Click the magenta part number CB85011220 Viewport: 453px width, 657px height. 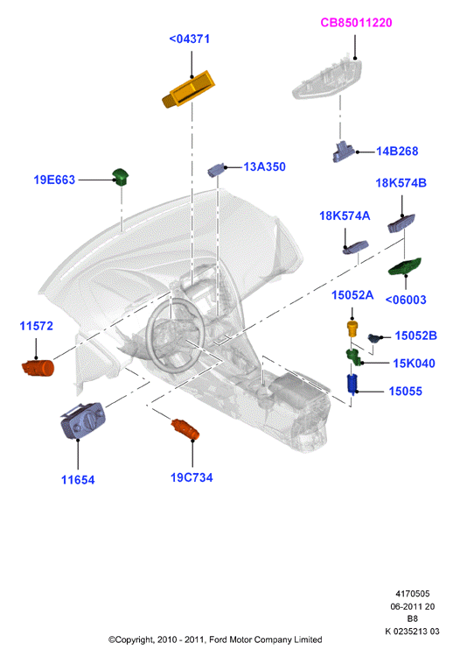pos(356,22)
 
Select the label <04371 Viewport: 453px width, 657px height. pos(190,39)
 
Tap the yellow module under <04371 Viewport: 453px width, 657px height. pos(188,89)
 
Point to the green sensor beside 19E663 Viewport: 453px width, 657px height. pos(121,176)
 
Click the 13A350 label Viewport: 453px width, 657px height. pos(264,166)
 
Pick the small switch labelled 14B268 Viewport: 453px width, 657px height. pos(344,152)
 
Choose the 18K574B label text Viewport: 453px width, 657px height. pos(401,183)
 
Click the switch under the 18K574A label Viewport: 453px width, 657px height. pos(356,248)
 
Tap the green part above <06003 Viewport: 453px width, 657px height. pos(405,266)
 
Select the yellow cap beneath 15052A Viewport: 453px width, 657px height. pos(353,328)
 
